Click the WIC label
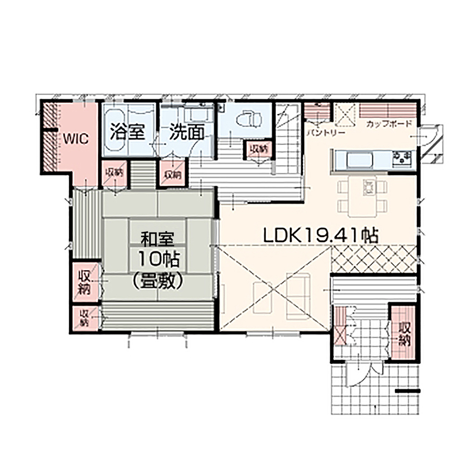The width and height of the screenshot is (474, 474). (x=74, y=139)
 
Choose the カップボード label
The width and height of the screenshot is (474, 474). (x=389, y=124)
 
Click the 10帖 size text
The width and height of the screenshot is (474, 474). (x=158, y=260)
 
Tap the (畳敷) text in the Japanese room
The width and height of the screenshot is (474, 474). (x=157, y=280)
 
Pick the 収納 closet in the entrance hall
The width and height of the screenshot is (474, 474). (x=405, y=333)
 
